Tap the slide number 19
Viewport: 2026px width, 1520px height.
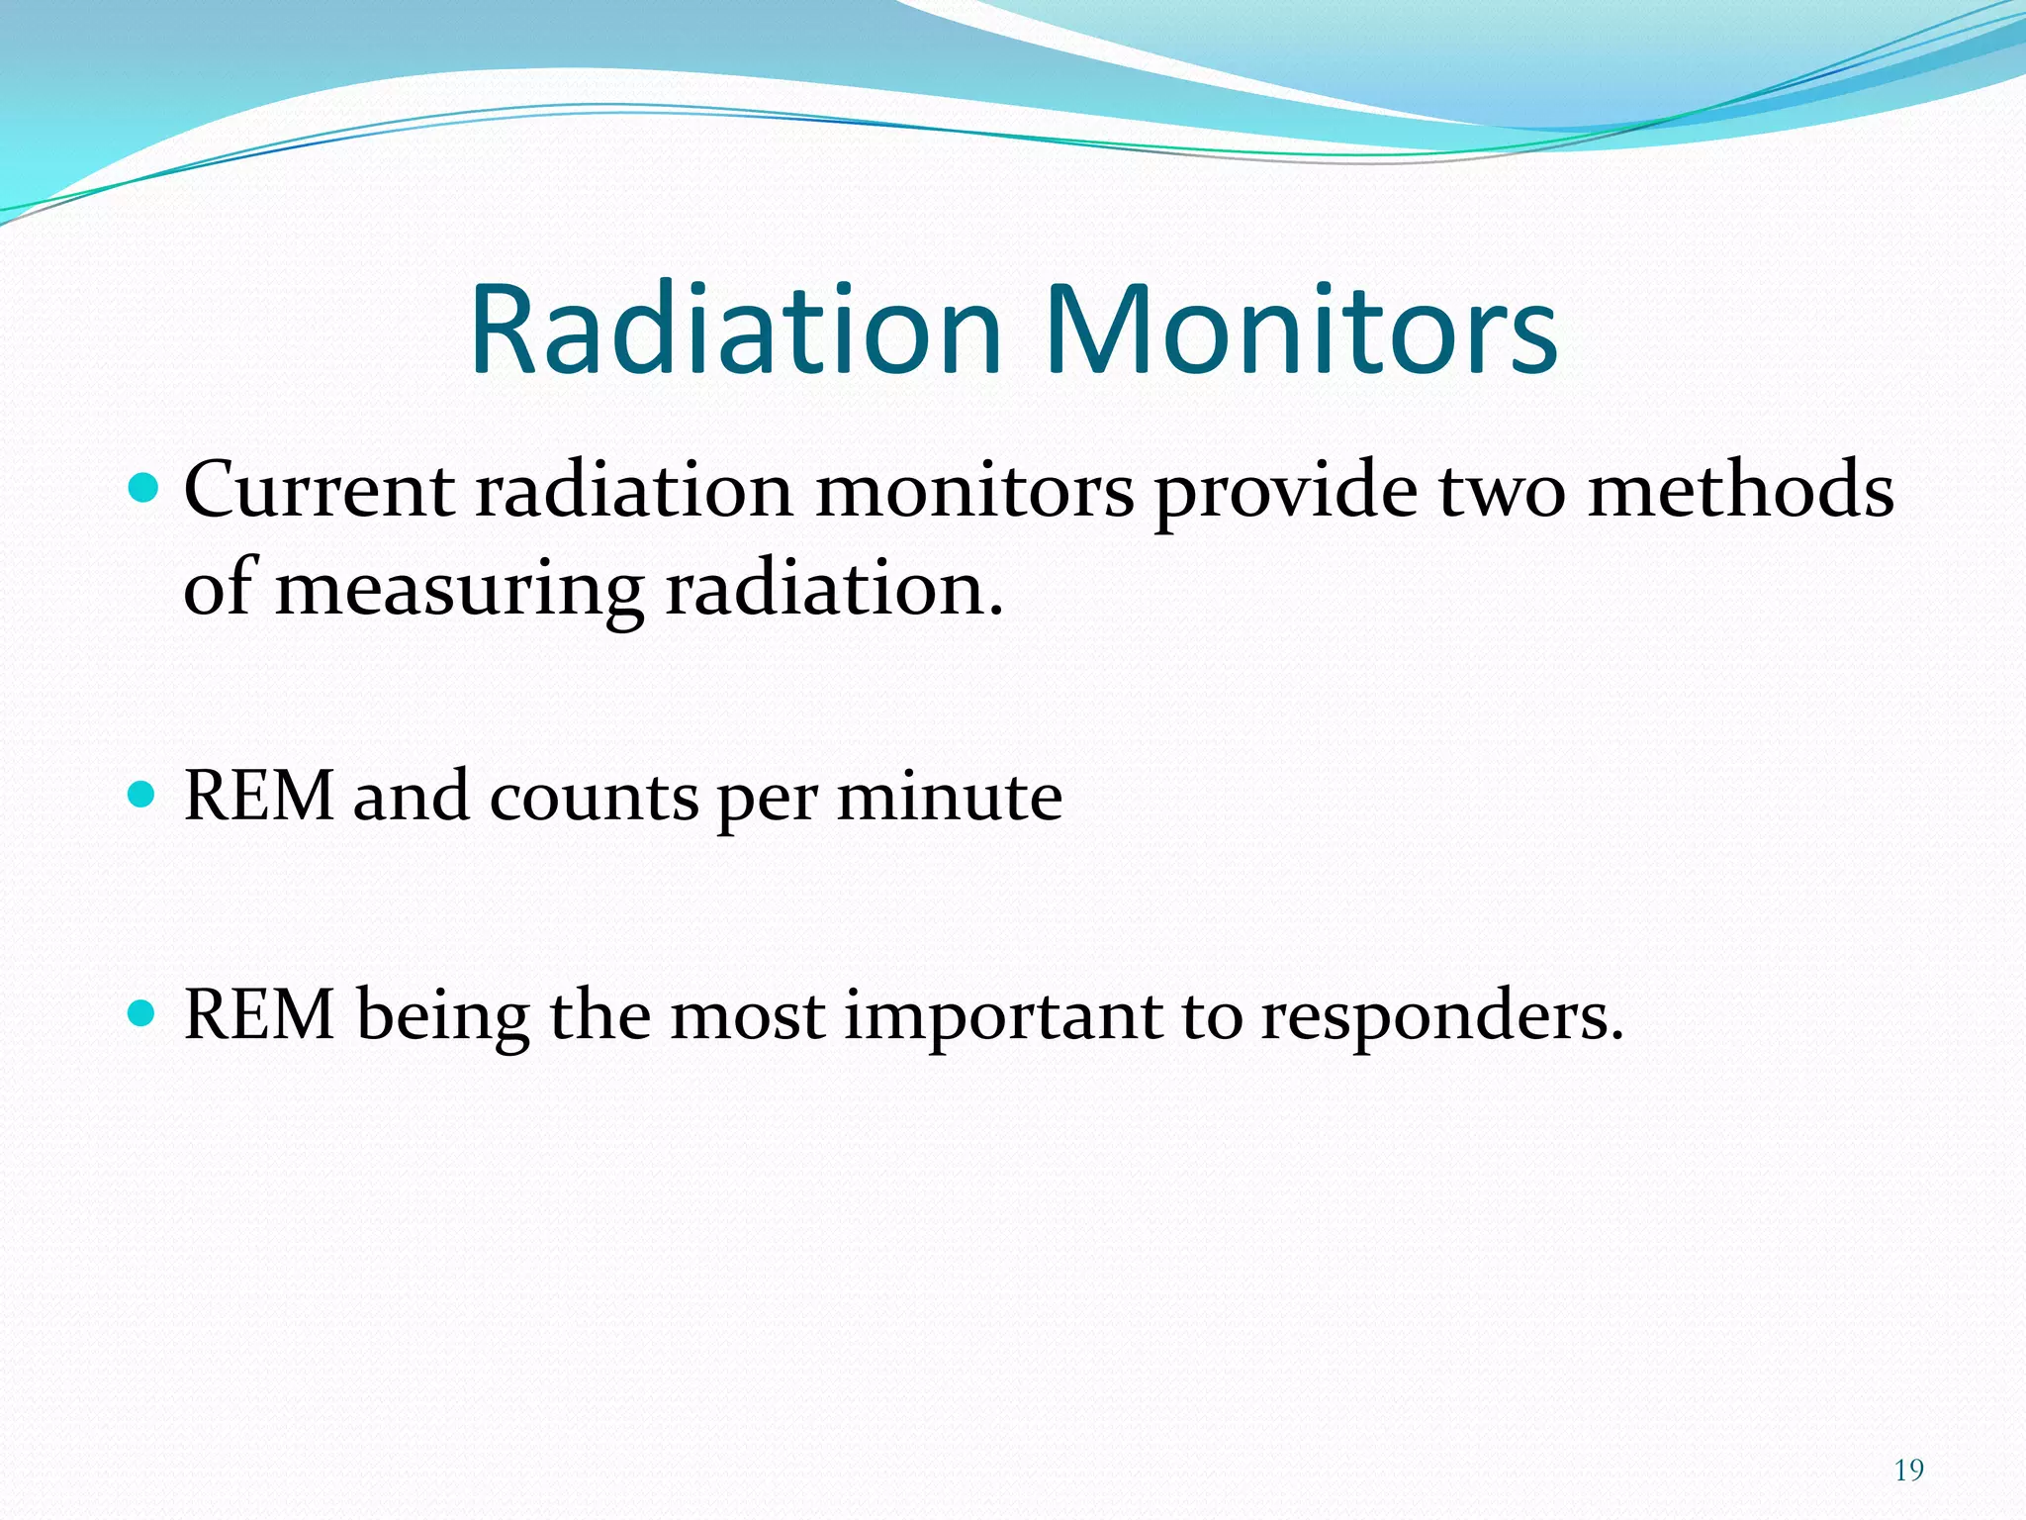[x=1908, y=1471]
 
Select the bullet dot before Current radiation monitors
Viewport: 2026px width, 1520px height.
[x=143, y=488]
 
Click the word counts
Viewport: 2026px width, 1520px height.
[x=594, y=798]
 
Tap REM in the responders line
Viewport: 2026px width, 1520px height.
[x=259, y=1015]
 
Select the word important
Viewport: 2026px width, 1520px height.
[x=1002, y=1017]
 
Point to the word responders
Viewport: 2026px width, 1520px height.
[x=1441, y=1017]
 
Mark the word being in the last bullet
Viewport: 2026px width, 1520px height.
[x=442, y=1017]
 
